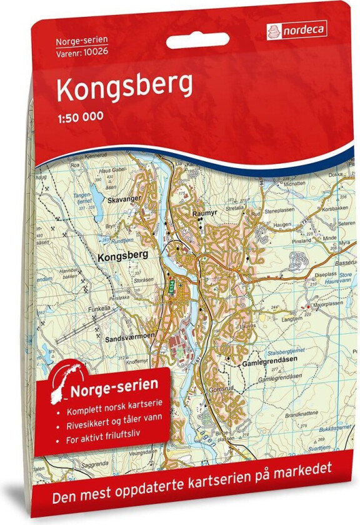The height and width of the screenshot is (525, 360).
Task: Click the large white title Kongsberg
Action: pyautogui.click(x=124, y=90)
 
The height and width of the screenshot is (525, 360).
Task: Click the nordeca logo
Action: pyautogui.click(x=299, y=29)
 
